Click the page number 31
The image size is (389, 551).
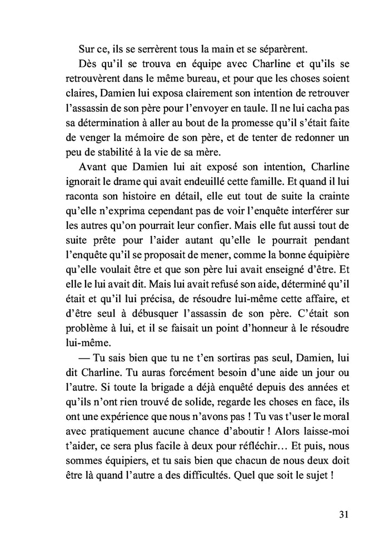(x=343, y=513)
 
